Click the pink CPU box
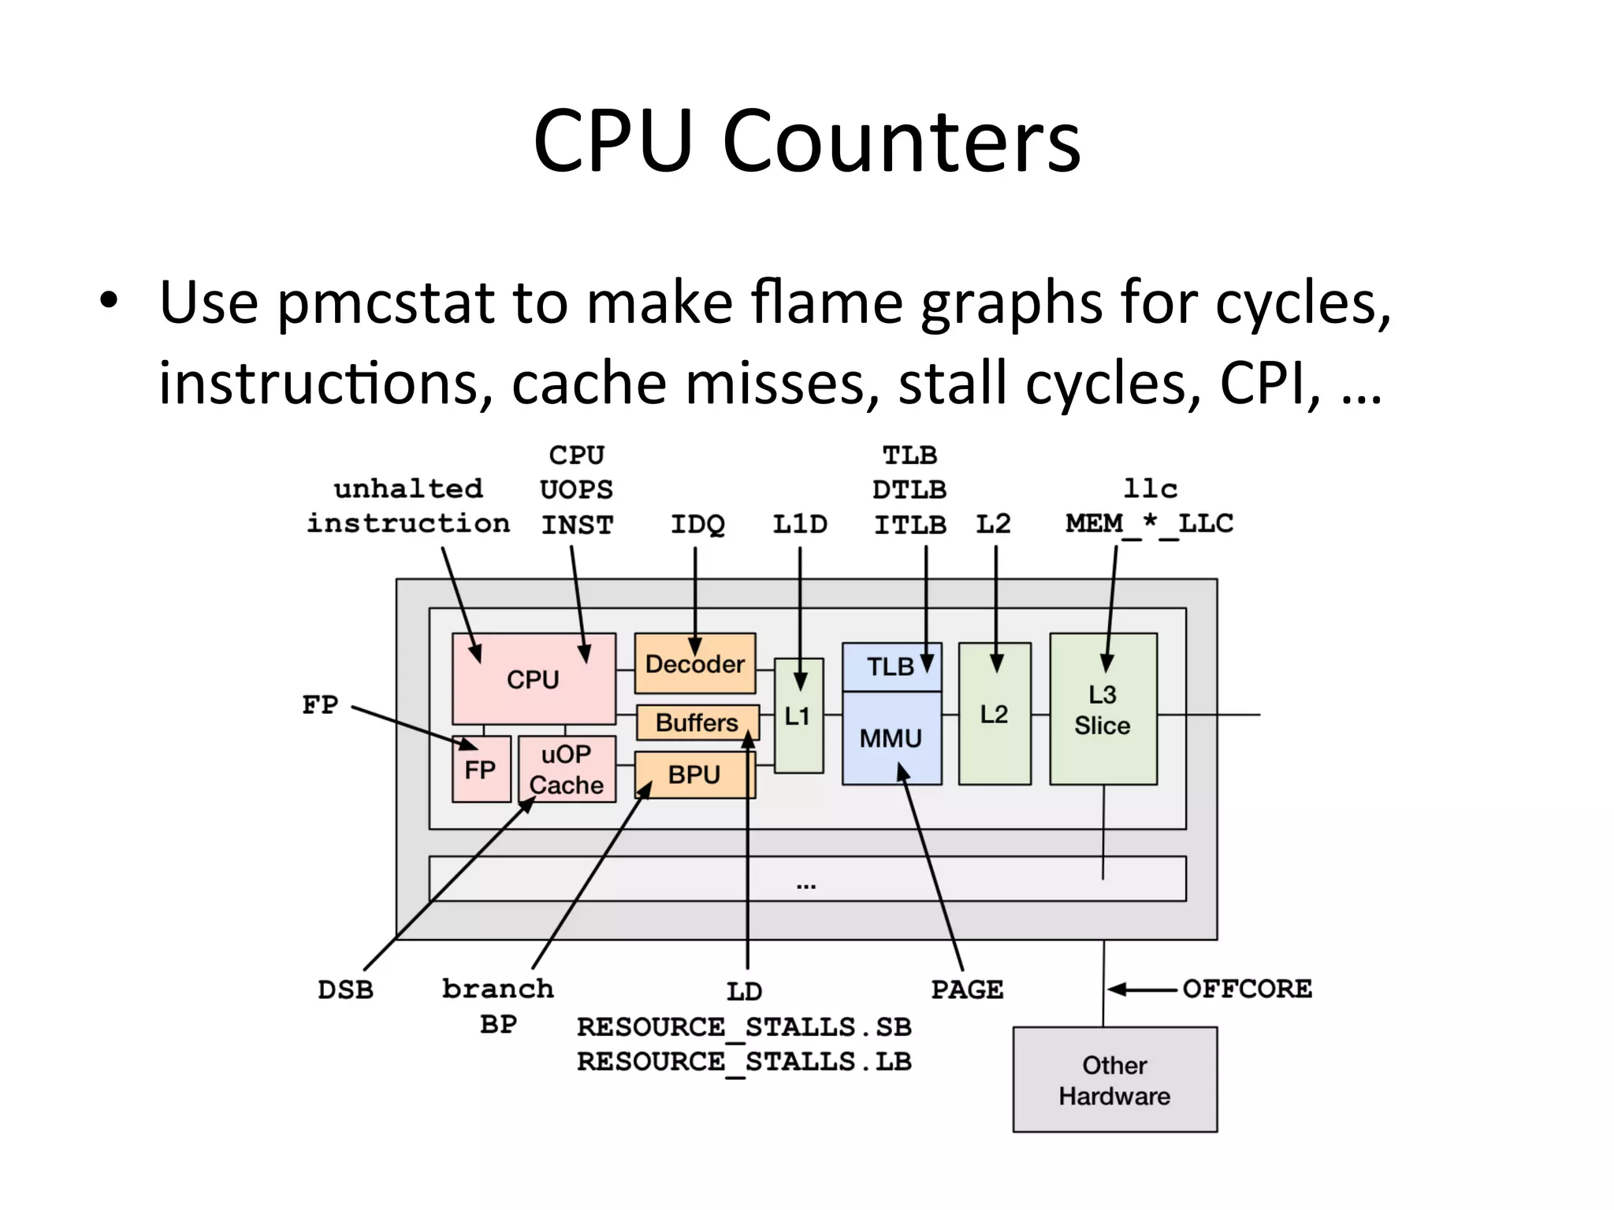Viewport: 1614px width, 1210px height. [x=534, y=678]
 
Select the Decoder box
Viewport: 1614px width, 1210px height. [x=694, y=664]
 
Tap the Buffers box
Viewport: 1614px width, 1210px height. [x=697, y=722]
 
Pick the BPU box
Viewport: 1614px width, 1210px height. [x=694, y=774]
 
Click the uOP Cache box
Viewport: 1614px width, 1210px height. [x=567, y=770]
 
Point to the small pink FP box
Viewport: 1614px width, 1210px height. [x=481, y=770]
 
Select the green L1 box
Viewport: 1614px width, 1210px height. [x=798, y=715]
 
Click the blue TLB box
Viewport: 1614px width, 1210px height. [x=891, y=667]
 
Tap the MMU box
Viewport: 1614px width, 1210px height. [x=891, y=738]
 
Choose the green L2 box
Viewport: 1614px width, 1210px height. [x=995, y=714]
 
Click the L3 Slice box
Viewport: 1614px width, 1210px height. [x=1103, y=710]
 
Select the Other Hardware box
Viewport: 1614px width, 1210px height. [x=1114, y=1080]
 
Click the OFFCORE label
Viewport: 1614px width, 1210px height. [x=1248, y=989]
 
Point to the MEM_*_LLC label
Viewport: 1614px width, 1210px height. [x=1149, y=524]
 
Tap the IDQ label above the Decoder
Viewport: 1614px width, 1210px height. [x=697, y=524]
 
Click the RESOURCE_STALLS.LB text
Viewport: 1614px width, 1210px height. [x=744, y=1062]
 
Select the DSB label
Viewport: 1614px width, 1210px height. [x=345, y=989]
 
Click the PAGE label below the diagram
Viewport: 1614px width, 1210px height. [x=967, y=989]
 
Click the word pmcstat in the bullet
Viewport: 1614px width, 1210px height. [x=386, y=303]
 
